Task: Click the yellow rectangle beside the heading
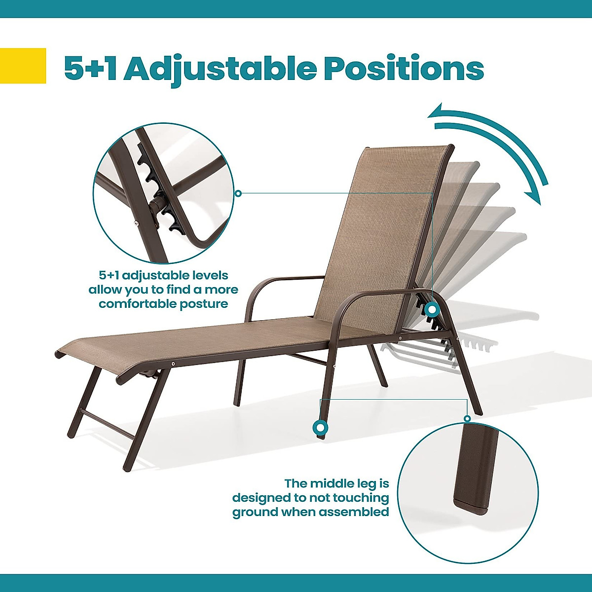pyautogui.click(x=23, y=66)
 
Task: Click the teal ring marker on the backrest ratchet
pyautogui.click(x=432, y=309)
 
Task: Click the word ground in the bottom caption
pyautogui.click(x=255, y=512)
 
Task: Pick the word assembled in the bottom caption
pyautogui.click(x=354, y=512)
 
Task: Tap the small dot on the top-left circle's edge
pyautogui.click(x=238, y=193)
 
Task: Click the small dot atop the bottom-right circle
pyautogui.click(x=467, y=418)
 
